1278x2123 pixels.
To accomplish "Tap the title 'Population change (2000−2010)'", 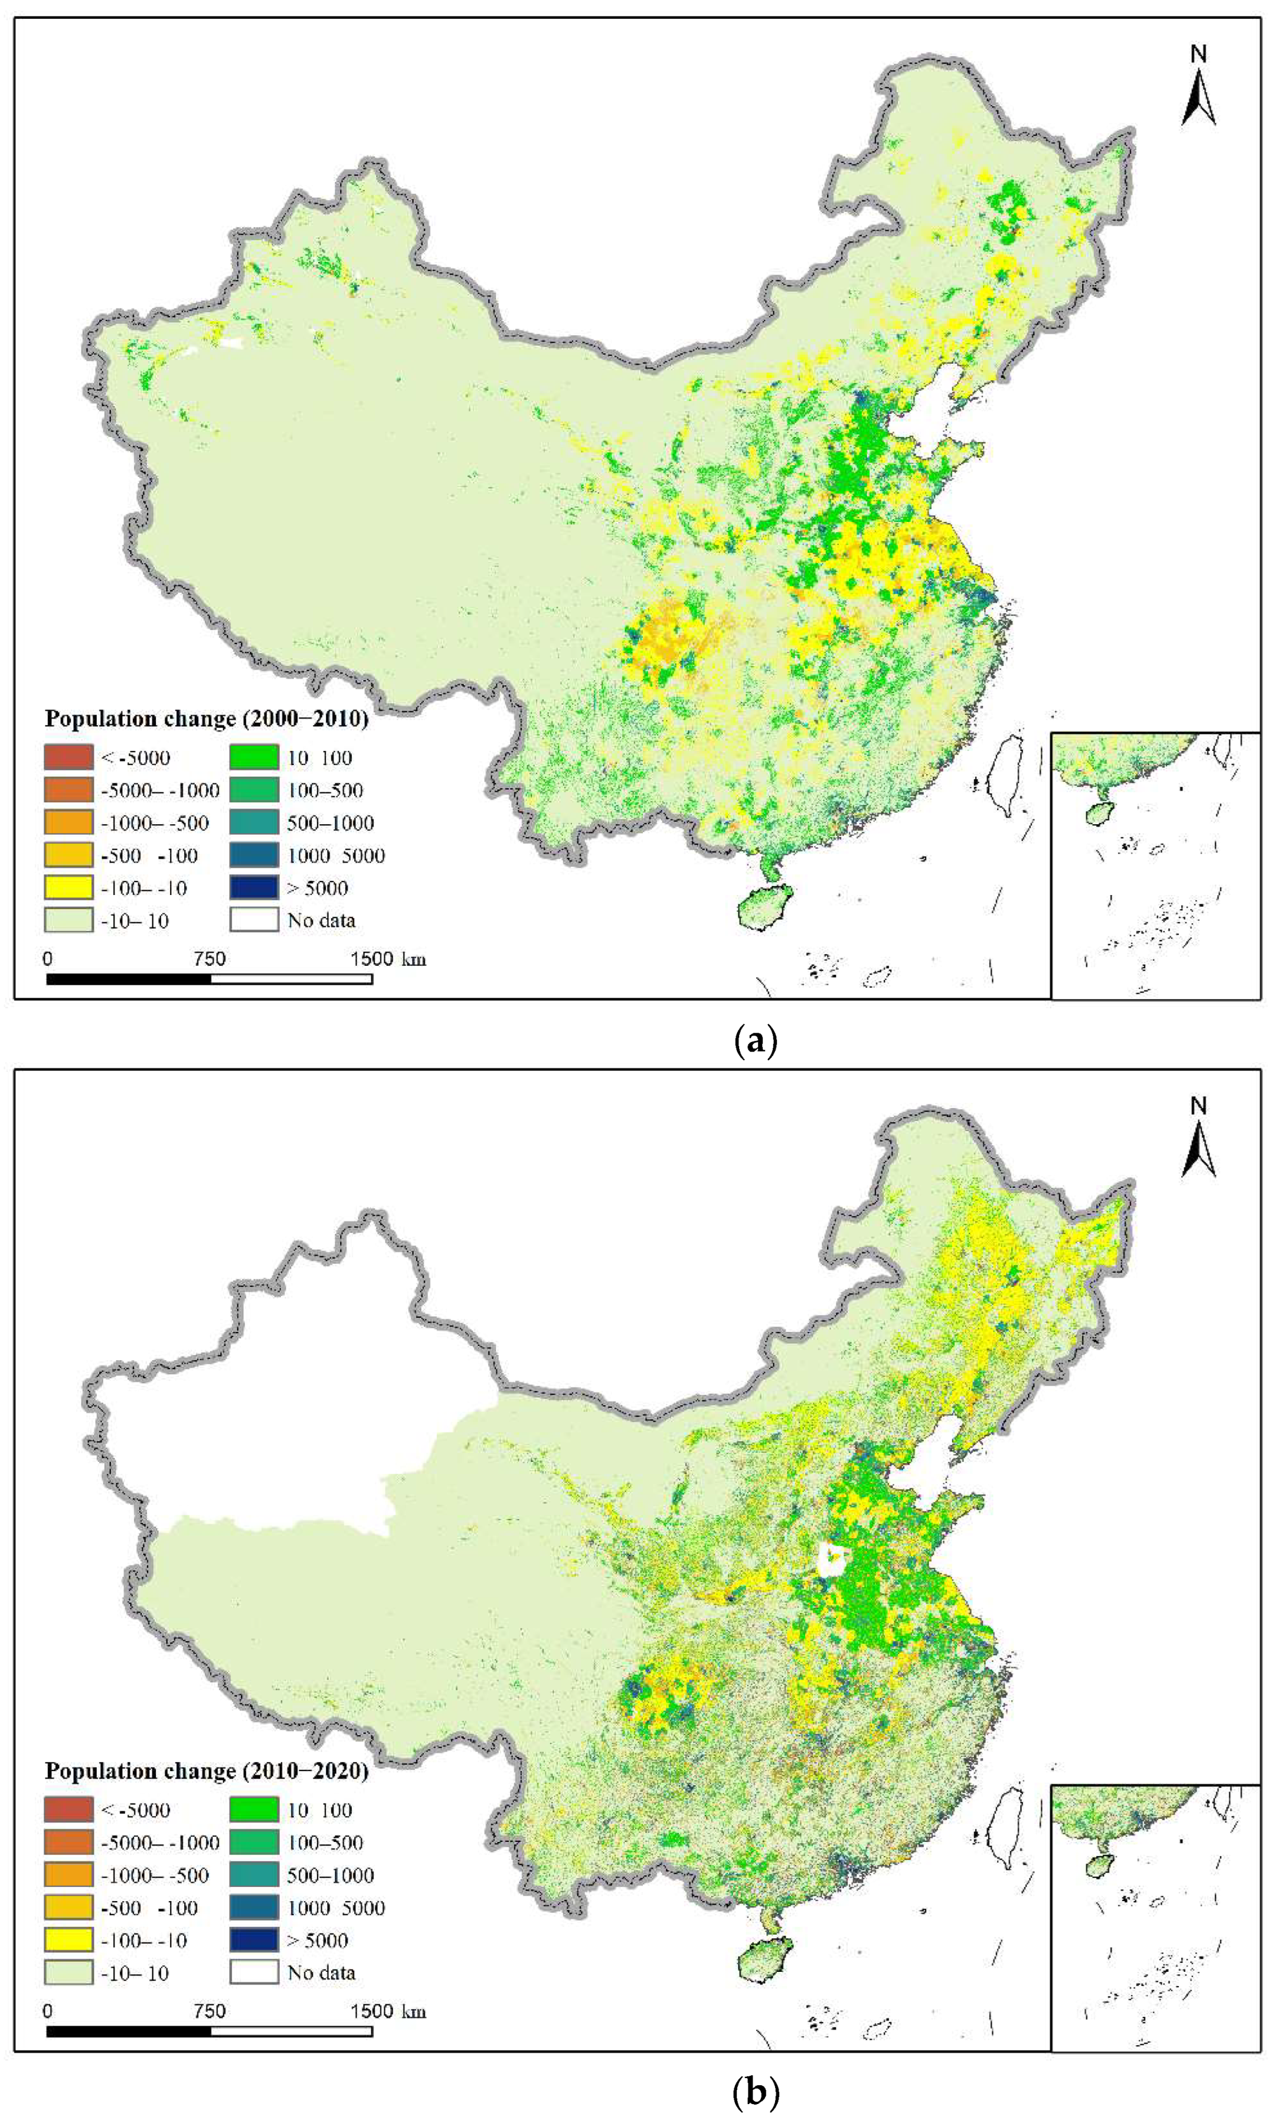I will click(206, 718).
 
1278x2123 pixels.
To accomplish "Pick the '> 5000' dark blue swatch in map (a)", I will click(254, 887).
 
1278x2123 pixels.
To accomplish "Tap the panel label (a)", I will click(755, 1041).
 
